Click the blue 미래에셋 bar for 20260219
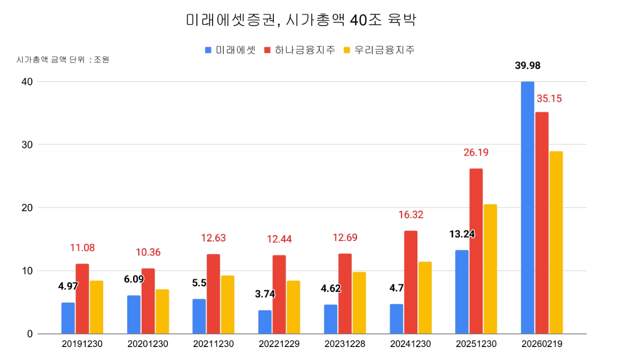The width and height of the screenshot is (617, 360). click(x=527, y=207)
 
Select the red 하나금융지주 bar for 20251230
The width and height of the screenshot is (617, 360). click(x=476, y=251)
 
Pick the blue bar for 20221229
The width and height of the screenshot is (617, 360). click(x=265, y=322)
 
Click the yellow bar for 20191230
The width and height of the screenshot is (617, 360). click(x=96, y=307)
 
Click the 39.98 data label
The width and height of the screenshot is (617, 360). click(x=527, y=66)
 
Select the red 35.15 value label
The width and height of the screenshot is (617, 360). click(x=549, y=99)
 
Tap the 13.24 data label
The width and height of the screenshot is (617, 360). click(x=462, y=234)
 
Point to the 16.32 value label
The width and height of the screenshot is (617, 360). click(x=410, y=215)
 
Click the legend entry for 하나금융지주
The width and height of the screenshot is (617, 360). click(x=299, y=50)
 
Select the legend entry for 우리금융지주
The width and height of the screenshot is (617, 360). click(x=379, y=50)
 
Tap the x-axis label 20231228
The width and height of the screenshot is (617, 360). click(x=345, y=345)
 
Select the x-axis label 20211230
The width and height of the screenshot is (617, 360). click(x=213, y=345)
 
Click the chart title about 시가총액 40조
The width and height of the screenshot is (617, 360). click(x=301, y=20)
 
